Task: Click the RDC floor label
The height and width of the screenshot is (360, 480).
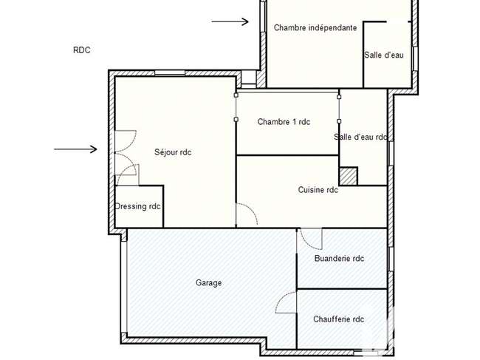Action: [82, 50]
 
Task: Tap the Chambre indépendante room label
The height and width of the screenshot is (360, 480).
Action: [315, 27]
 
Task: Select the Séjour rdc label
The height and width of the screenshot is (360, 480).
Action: [173, 152]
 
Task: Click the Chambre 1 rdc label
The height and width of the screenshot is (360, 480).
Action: [284, 122]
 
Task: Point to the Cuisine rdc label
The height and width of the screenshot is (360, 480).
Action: [318, 190]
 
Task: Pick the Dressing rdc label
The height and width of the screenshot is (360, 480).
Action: [137, 206]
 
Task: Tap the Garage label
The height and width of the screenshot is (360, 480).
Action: [209, 282]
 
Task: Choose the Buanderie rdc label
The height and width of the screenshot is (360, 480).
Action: [339, 258]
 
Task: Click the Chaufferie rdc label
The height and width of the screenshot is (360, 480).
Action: [338, 319]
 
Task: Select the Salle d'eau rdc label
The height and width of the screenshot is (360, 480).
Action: [360, 137]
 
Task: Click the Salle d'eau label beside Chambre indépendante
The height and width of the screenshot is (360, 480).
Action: [384, 55]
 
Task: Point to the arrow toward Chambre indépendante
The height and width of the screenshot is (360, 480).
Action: [230, 21]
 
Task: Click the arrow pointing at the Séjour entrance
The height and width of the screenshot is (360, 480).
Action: [75, 149]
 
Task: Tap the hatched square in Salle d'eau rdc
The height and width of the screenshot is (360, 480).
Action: [349, 176]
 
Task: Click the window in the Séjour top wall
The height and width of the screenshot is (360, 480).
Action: [170, 73]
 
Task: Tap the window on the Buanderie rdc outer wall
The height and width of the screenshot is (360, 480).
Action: [391, 259]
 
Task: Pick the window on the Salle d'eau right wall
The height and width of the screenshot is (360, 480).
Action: [415, 58]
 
